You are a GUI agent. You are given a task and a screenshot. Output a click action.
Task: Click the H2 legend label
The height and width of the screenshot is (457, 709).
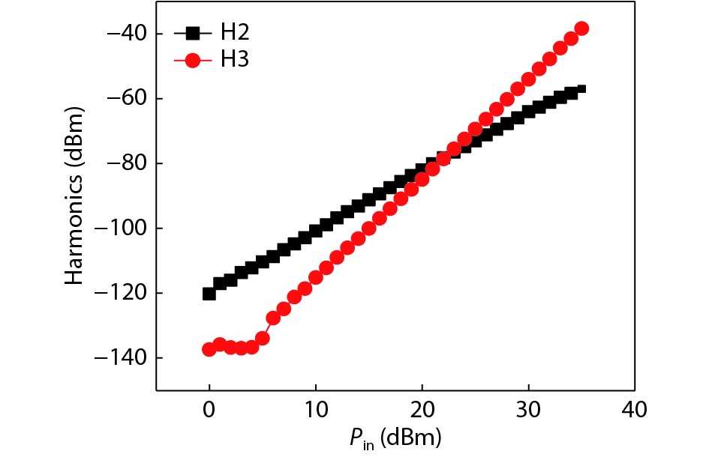pos(235,32)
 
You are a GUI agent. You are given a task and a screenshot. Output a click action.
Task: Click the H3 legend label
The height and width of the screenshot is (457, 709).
pos(235,60)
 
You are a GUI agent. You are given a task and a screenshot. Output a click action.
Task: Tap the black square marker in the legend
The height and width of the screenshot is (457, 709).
pos(192,33)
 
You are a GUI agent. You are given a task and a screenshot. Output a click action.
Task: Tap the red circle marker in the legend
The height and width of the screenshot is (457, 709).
pos(192,61)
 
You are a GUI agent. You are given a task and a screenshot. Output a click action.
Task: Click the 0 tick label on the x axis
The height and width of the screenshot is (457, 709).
pos(209,410)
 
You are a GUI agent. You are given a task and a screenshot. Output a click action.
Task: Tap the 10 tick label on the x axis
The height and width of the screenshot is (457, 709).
pos(316,410)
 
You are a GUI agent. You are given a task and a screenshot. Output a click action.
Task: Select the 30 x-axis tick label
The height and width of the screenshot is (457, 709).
pos(528,410)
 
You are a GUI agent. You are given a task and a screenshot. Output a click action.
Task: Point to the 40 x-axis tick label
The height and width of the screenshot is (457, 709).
pos(635,410)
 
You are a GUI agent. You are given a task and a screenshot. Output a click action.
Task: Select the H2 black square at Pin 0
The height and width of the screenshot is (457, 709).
pos(209,294)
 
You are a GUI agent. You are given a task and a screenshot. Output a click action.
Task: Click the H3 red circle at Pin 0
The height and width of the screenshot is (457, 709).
pos(209,349)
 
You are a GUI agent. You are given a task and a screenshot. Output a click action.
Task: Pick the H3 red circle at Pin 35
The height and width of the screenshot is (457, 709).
pos(581,28)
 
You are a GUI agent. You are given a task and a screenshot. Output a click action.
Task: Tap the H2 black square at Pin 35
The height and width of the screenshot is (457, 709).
pos(580,90)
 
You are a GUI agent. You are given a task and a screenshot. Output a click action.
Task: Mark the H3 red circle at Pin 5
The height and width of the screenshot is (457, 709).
pos(263,339)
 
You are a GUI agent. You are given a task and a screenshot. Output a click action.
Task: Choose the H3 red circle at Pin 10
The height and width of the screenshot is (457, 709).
pos(316,277)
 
